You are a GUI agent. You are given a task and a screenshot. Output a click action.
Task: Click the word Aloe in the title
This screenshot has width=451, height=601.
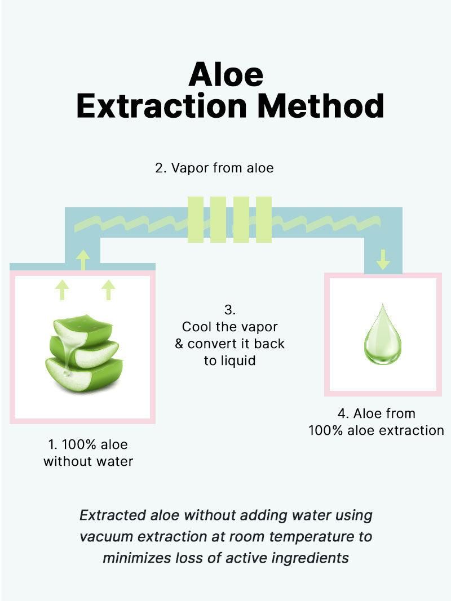226,74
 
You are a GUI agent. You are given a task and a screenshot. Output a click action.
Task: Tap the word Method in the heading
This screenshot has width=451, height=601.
321,105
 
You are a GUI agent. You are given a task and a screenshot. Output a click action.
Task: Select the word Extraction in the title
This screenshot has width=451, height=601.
161,105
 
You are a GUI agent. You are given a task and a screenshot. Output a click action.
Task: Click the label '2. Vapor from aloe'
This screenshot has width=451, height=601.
214,168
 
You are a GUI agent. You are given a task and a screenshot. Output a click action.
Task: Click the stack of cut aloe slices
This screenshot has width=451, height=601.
84,353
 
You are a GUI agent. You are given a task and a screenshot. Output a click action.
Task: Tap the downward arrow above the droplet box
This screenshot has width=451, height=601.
383,259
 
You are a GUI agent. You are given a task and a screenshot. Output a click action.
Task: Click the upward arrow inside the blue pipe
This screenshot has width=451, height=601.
83,260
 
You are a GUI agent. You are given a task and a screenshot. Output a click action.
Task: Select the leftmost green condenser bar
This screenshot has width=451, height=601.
196,220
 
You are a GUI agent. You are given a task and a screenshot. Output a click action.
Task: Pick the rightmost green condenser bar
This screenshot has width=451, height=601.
264,220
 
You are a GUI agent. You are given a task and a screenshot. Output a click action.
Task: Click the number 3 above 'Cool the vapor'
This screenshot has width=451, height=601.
229,310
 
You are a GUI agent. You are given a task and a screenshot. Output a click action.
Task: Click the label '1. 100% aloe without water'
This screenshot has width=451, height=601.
88,453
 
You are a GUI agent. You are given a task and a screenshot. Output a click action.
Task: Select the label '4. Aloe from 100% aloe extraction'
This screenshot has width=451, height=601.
376,422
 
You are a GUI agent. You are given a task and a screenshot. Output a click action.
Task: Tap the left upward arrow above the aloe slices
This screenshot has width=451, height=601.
62,290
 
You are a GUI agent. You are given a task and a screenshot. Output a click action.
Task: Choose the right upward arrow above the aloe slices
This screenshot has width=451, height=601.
109,290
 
